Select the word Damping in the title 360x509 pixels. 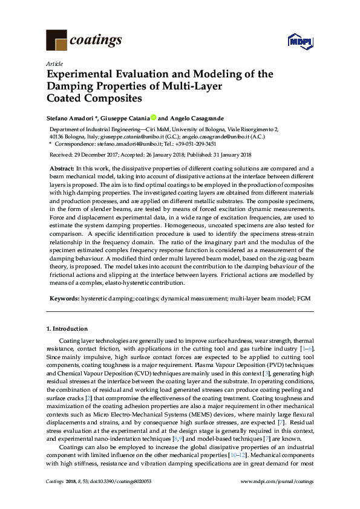click(x=71, y=86)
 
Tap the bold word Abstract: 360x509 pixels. click(x=62, y=167)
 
